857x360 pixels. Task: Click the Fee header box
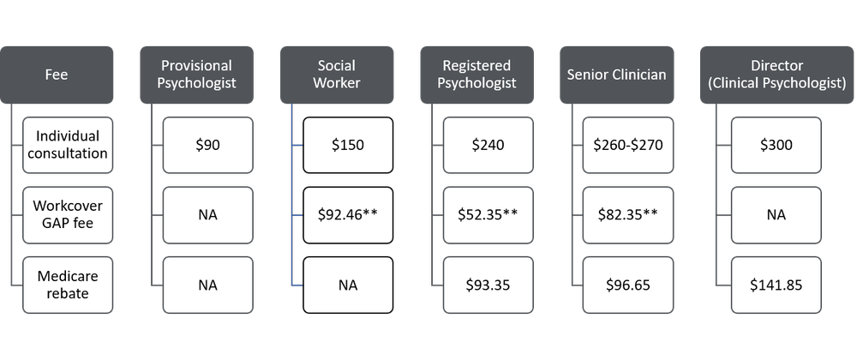[x=57, y=75]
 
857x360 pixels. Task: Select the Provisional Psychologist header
[x=196, y=75]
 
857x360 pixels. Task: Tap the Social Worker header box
[x=336, y=75]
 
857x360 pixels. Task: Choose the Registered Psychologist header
[x=476, y=75]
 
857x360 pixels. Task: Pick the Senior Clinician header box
[x=616, y=75]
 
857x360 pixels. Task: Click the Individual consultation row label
[x=68, y=145]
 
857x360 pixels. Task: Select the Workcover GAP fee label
[x=68, y=214]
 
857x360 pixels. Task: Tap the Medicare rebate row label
[x=68, y=284]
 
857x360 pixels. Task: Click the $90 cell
[x=207, y=145]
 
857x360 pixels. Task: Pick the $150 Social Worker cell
[x=347, y=145]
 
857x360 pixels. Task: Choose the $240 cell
[x=487, y=145]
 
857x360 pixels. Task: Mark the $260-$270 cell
[x=627, y=145]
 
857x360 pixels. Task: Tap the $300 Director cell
[x=776, y=145]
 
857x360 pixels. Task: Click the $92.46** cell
[x=347, y=214]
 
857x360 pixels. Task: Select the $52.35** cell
[x=487, y=214]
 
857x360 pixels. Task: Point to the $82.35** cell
[x=627, y=214]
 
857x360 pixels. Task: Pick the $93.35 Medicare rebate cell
[x=487, y=284]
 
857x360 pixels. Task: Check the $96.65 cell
[x=627, y=284]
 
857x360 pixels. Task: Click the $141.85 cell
[x=776, y=284]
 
